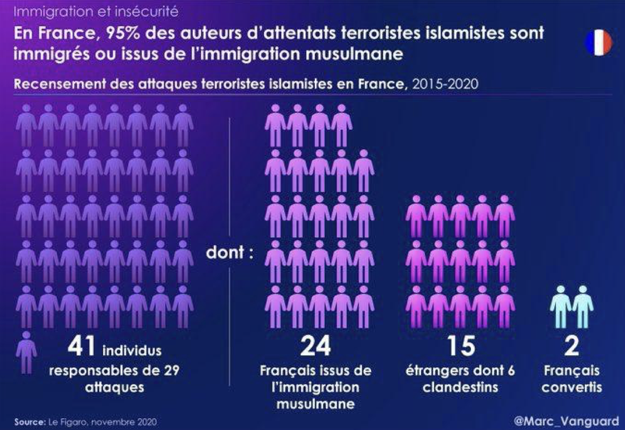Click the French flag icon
click(x=598, y=43)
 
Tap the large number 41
click(x=83, y=346)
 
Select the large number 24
click(x=315, y=346)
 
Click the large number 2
click(x=572, y=346)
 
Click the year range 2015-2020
click(x=446, y=85)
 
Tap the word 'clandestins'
click(x=460, y=387)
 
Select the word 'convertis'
click(x=572, y=387)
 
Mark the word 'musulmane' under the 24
click(x=315, y=403)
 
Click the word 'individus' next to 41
click(x=131, y=351)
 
